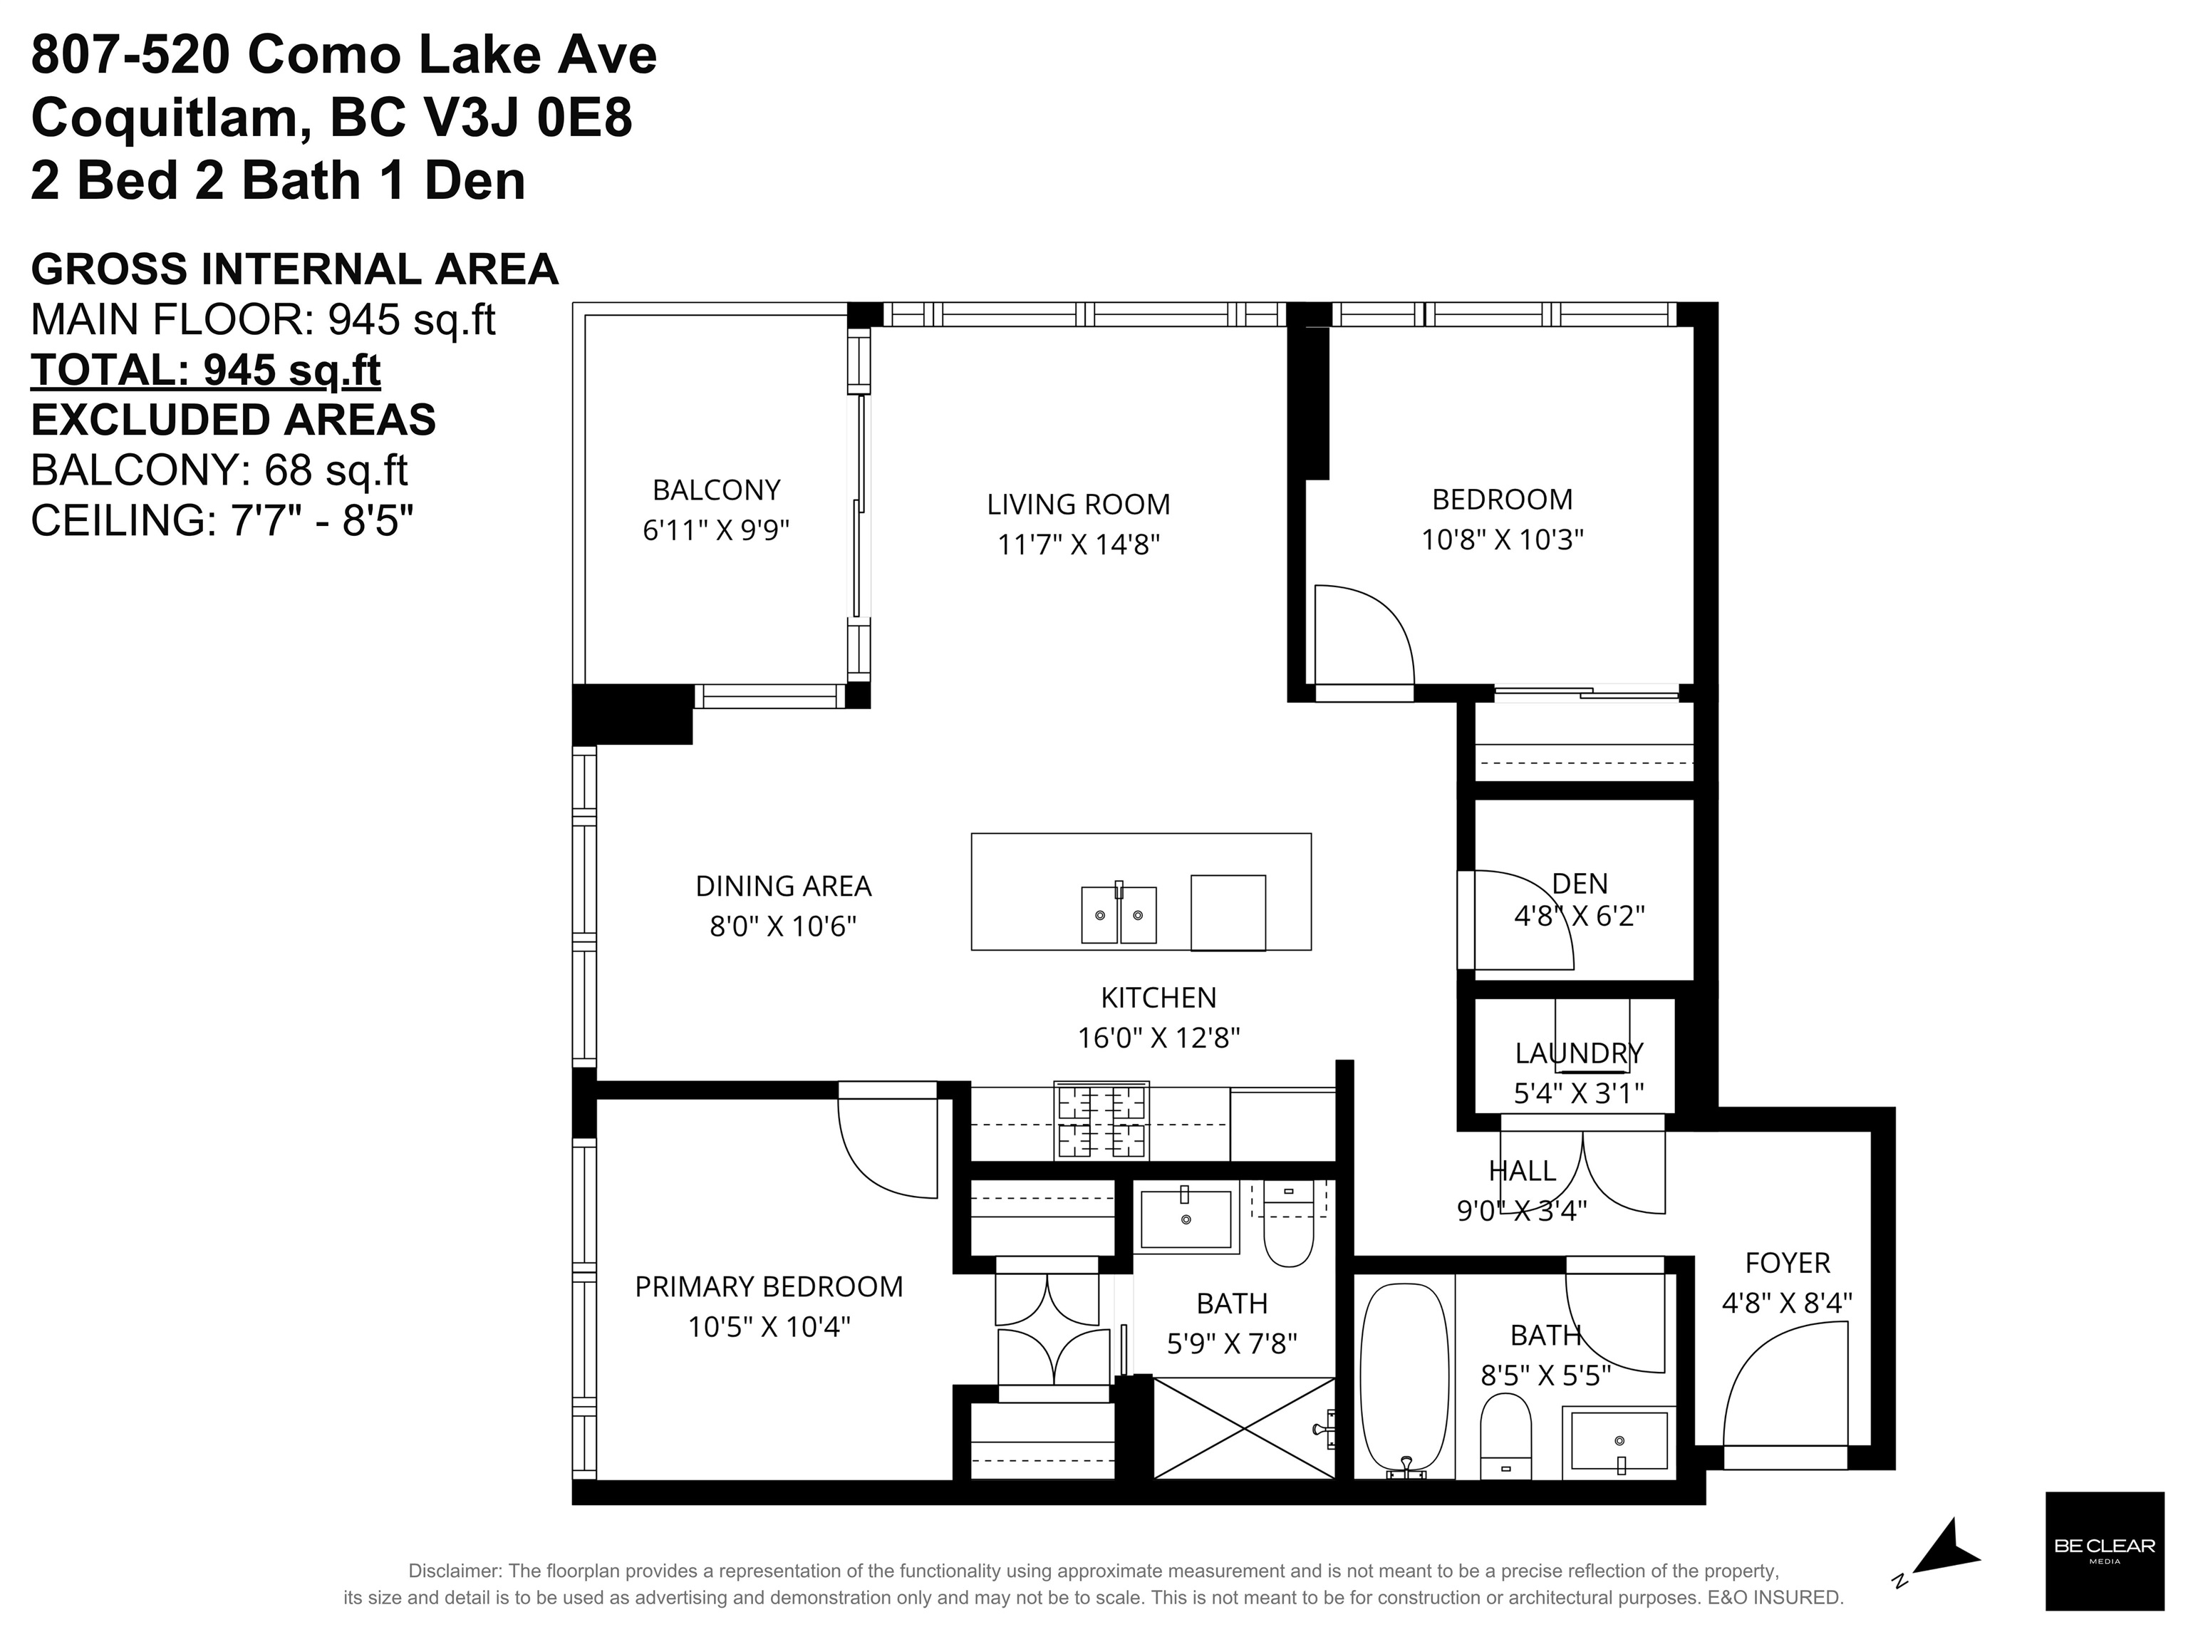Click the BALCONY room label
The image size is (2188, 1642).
[716, 490]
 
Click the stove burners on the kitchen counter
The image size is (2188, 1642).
[1101, 1121]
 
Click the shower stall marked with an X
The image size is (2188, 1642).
[1245, 1427]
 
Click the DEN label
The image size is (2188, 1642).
[1580, 882]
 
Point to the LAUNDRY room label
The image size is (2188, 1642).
[1579, 1053]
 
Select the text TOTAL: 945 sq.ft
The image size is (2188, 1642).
[206, 370]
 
